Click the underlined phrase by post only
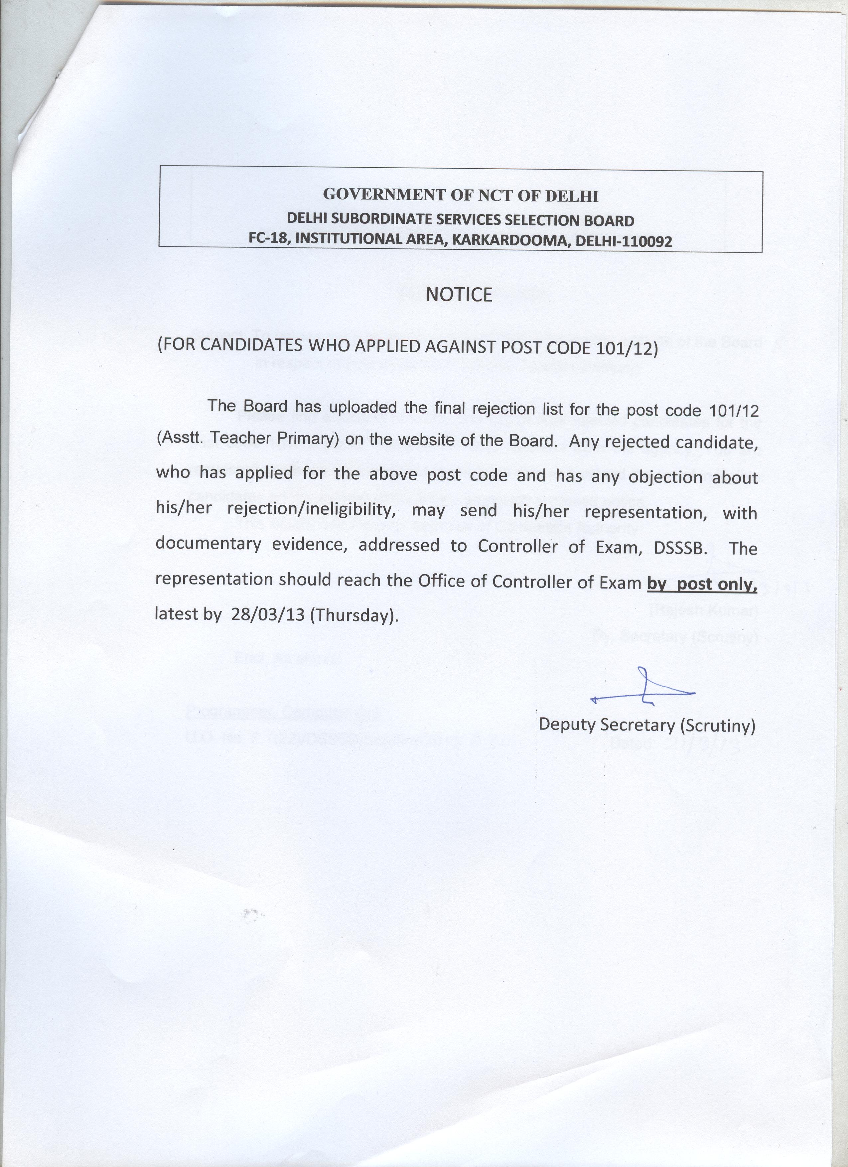click(702, 583)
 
